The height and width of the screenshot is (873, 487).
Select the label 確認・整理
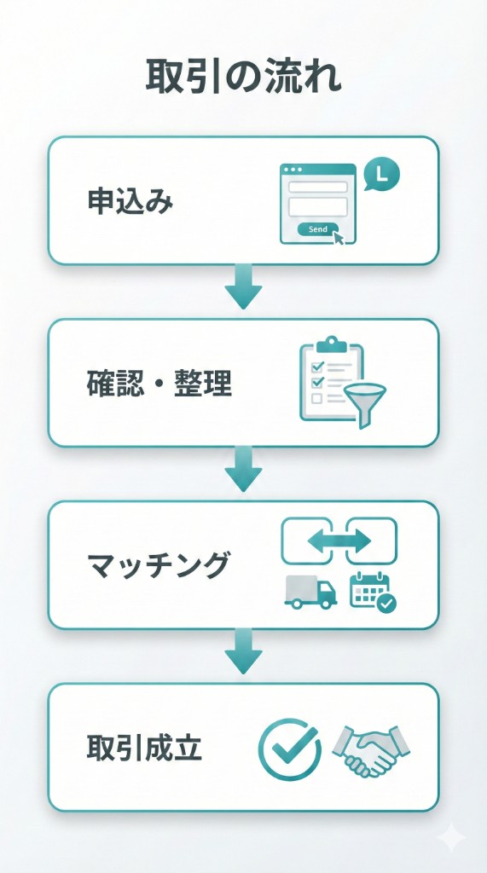(x=159, y=384)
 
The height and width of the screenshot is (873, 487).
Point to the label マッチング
(x=159, y=564)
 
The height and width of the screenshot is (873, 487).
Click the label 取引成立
(x=144, y=748)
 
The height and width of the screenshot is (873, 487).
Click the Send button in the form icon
(x=316, y=229)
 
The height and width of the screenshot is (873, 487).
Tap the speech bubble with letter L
(x=380, y=175)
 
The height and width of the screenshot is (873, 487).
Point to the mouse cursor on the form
(x=339, y=236)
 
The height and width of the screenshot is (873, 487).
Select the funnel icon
(x=365, y=402)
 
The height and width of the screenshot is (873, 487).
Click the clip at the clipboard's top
(x=331, y=344)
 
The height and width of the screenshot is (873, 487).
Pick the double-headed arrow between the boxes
(x=339, y=541)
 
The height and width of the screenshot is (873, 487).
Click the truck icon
(x=309, y=591)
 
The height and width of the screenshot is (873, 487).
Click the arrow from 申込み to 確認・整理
(x=243, y=288)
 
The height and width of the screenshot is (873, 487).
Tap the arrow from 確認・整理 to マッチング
(x=243, y=471)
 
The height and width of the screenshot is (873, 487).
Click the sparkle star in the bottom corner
(x=451, y=838)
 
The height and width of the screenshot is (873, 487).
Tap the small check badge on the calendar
(x=386, y=604)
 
